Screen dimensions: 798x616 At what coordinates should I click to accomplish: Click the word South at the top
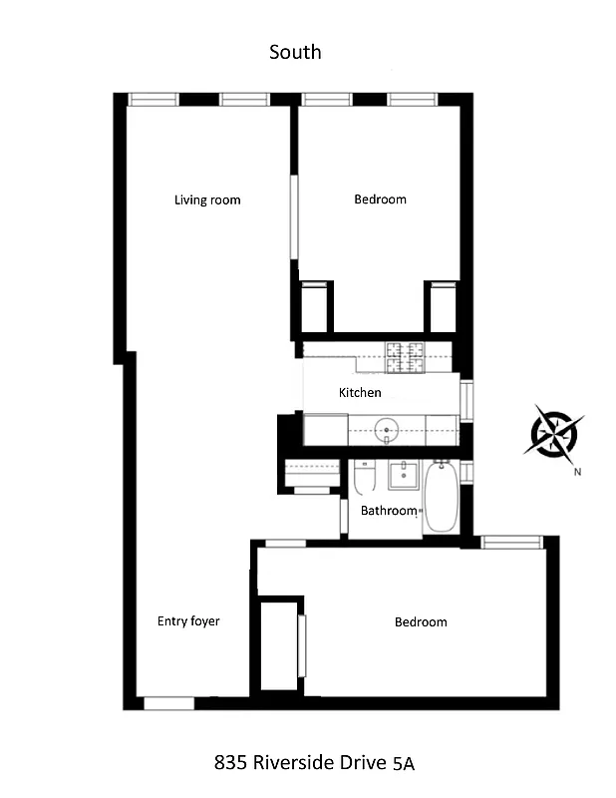295,51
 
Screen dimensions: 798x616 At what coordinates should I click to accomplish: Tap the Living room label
207,199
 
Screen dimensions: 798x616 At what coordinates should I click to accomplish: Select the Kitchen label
360,392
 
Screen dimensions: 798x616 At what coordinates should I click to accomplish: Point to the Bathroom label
388,511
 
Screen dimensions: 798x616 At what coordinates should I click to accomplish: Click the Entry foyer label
188,621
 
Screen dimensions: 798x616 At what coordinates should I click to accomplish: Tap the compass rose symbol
551,432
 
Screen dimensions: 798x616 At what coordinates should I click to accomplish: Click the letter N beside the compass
577,472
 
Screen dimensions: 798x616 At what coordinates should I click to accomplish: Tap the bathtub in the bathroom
440,497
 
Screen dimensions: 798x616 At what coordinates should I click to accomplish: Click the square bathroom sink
403,475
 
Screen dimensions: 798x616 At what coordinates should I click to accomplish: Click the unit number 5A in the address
403,765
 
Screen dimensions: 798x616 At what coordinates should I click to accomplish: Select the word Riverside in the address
294,764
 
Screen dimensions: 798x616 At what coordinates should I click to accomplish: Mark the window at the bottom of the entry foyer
168,703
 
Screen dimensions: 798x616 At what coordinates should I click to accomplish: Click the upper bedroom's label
380,199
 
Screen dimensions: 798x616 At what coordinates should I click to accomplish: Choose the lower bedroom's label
421,622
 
